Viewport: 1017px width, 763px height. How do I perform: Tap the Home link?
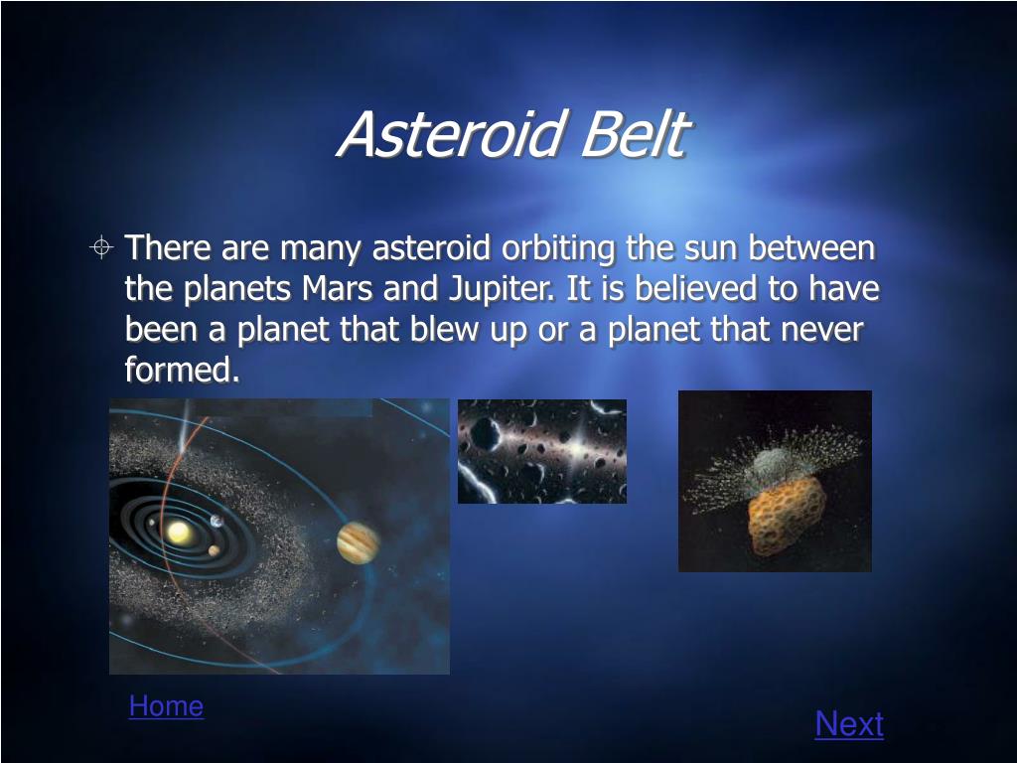pyautogui.click(x=166, y=706)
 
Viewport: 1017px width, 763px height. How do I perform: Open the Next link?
pyautogui.click(x=849, y=723)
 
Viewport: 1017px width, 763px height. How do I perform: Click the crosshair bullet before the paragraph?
pyautogui.click(x=101, y=247)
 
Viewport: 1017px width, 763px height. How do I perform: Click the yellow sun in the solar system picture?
pyautogui.click(x=179, y=533)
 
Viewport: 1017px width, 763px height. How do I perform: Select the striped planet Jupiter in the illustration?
pyautogui.click(x=358, y=543)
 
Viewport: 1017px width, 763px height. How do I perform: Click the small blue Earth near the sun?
pyautogui.click(x=217, y=521)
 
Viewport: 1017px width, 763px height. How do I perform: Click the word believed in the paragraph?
pyautogui.click(x=695, y=289)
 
